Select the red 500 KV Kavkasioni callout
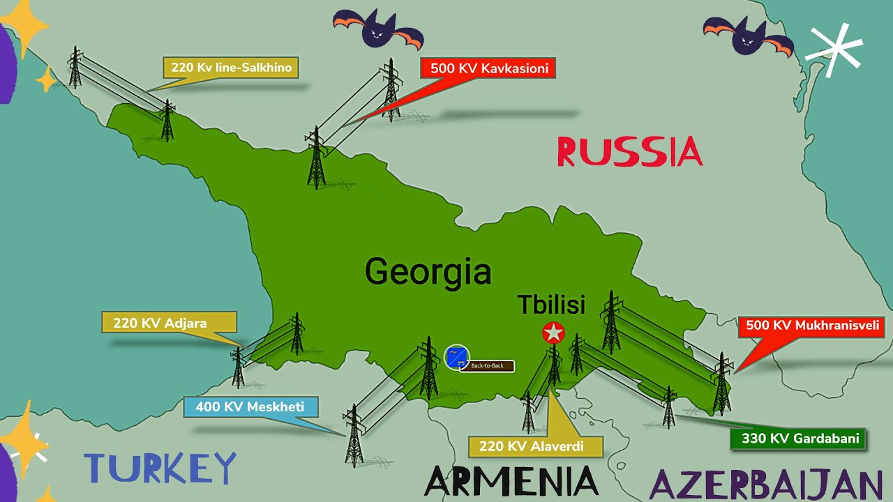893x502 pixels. (488, 68)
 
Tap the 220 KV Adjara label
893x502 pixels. (169, 323)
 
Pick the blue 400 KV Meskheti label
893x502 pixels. (250, 407)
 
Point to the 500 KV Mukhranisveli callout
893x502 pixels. (811, 325)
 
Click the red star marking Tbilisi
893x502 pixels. (553, 333)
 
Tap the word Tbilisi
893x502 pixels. (550, 305)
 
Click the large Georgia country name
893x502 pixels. (428, 271)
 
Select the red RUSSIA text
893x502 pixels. (629, 152)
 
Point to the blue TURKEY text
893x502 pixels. (160, 468)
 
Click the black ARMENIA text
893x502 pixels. (511, 482)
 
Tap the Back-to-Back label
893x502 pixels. (487, 366)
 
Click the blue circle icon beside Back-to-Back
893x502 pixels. (456, 357)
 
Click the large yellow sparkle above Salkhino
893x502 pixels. (25, 26)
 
